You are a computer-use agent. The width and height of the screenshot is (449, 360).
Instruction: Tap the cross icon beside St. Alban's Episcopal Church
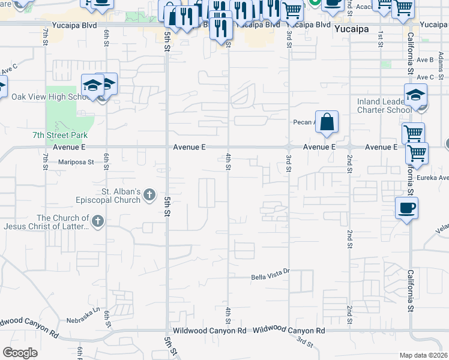coord(150,195)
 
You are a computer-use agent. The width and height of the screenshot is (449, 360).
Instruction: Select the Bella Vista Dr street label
coord(270,277)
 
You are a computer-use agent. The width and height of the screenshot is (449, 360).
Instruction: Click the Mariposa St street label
coord(76,162)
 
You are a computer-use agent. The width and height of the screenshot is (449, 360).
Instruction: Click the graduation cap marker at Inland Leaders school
coord(415,94)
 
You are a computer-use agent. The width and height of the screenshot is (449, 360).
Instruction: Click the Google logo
coord(20,353)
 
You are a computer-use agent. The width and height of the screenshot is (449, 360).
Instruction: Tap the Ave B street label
coord(425,60)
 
